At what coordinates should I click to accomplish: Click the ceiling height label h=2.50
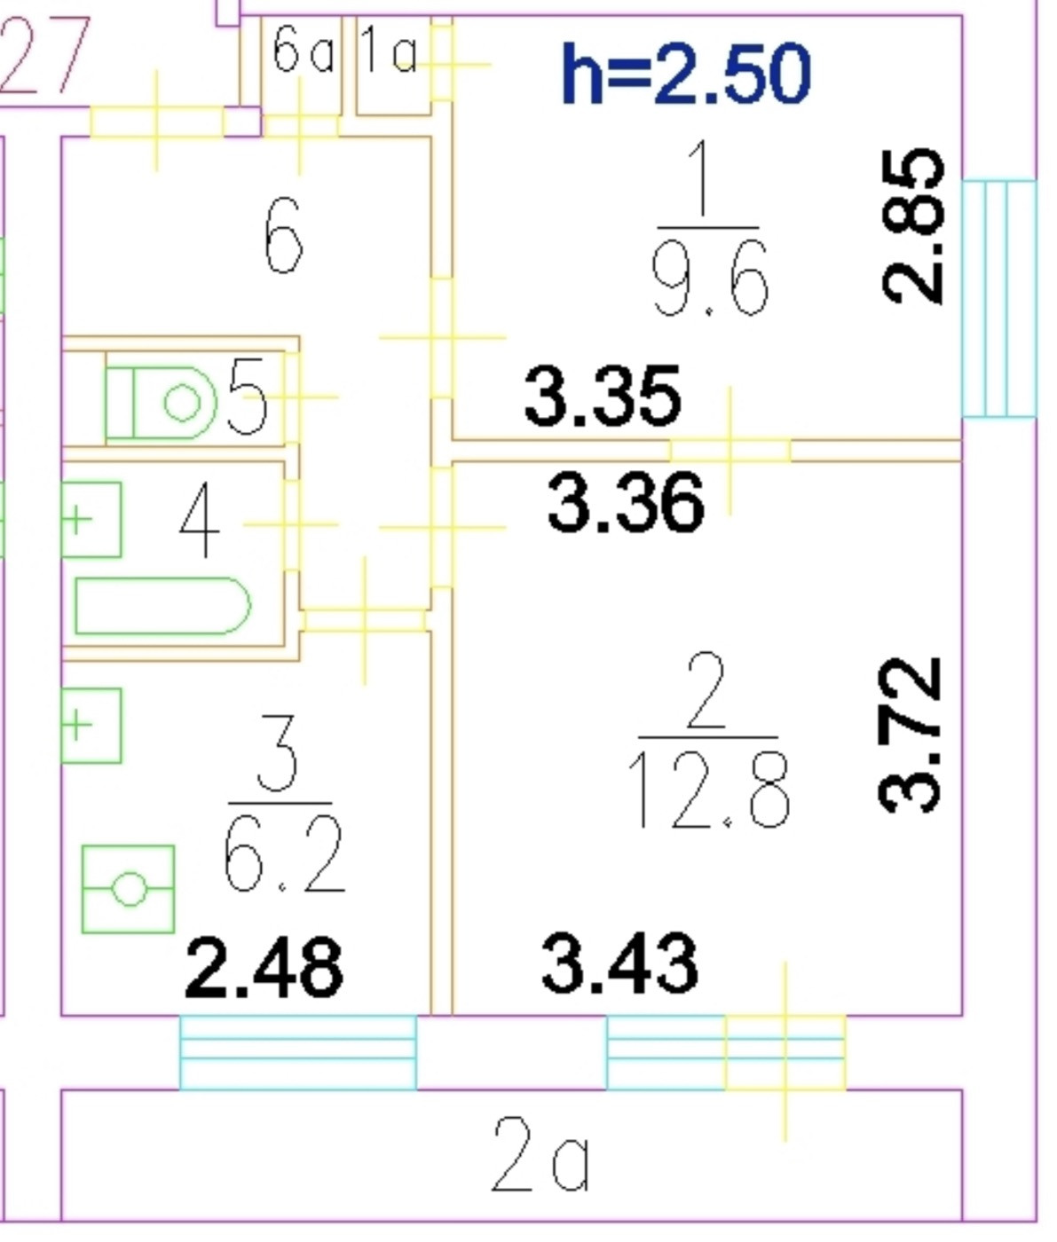[686, 75]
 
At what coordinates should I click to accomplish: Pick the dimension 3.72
[909, 735]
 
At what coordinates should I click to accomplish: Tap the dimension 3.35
[603, 396]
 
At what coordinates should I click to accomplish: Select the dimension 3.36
[626, 503]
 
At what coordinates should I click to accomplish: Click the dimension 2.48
[264, 967]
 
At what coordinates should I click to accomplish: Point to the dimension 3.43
[619, 963]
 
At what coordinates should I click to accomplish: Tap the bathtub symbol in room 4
[162, 606]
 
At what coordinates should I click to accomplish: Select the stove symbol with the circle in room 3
[128, 889]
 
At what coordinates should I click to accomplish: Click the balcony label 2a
[540, 1155]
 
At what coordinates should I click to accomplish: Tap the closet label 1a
[390, 52]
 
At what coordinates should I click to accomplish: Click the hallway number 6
[284, 236]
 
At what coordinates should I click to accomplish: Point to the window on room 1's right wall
[999, 298]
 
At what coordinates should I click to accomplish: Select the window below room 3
[298, 1052]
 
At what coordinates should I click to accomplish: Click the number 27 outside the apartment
[44, 57]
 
